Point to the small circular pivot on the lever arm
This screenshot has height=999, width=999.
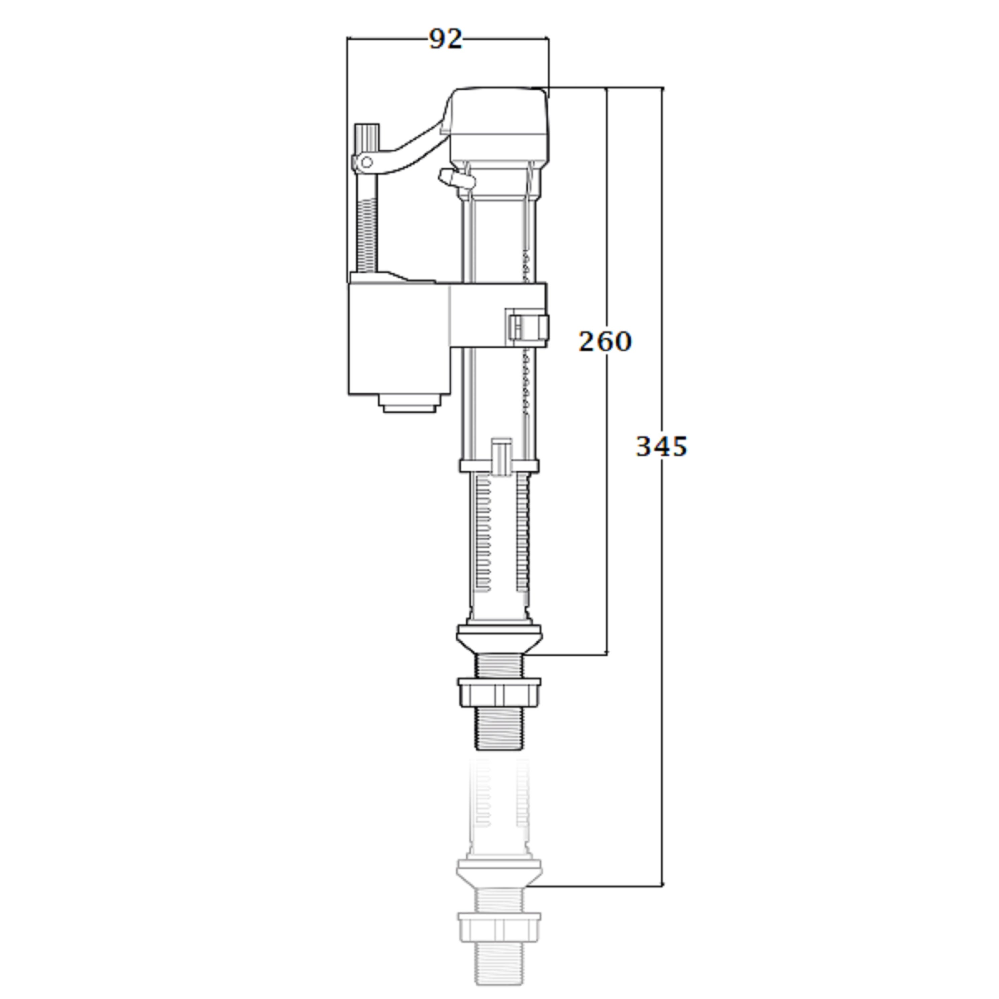[366, 162]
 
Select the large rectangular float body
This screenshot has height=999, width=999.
[399, 339]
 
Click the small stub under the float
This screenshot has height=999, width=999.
[409, 403]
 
